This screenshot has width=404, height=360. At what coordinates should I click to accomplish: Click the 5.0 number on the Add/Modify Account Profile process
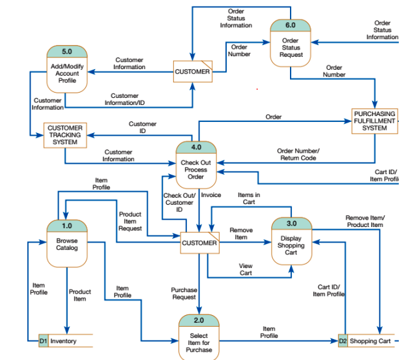67,51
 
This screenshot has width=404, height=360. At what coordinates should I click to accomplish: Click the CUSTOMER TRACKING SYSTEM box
65,135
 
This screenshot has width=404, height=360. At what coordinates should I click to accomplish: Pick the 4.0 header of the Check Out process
196,147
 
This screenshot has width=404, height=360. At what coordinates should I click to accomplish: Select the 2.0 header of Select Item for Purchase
199,320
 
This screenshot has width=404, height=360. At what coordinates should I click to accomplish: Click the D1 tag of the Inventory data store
43,340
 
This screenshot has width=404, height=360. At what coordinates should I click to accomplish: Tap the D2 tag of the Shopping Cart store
343,340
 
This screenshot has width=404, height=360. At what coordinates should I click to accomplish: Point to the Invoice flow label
211,195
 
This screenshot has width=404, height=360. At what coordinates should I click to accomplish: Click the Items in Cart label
249,198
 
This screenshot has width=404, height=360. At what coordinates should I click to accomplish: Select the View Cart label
246,269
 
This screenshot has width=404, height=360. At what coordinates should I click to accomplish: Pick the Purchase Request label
184,293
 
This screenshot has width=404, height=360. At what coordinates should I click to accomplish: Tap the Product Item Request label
130,221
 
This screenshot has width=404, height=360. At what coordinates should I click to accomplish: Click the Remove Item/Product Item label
365,221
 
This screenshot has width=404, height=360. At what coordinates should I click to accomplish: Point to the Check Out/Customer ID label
179,202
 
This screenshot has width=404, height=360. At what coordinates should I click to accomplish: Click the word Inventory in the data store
63,340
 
